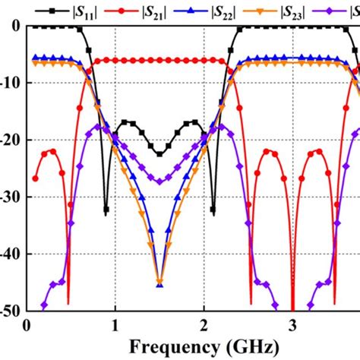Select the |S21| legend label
coord(147,10)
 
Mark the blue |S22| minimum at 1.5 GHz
coord(159,283)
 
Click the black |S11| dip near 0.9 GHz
coord(106,209)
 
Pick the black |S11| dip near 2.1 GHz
coord(213,209)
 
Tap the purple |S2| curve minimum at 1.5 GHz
coord(159,182)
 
